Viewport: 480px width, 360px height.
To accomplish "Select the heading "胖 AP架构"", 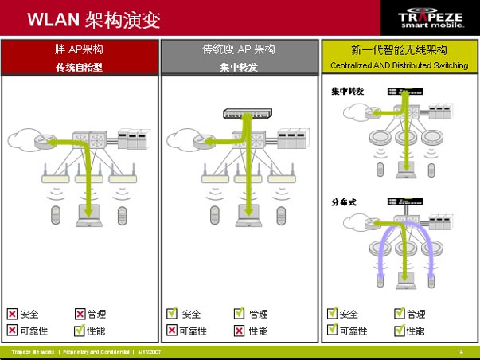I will click(x=79, y=49).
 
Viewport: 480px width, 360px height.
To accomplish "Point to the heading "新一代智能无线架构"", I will click(x=399, y=49).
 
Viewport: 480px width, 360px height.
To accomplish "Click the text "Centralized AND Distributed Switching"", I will click(x=399, y=65).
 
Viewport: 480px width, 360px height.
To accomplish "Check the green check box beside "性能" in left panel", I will click(x=80, y=330).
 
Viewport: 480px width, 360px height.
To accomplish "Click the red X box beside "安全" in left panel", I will click(x=13, y=314).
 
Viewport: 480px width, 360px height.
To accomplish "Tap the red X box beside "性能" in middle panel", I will click(x=239, y=330).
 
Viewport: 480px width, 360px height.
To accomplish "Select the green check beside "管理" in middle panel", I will click(x=239, y=314).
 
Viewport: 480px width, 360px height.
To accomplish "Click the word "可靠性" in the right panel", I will click(x=353, y=330).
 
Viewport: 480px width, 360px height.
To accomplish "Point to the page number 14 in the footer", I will click(x=460, y=351).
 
